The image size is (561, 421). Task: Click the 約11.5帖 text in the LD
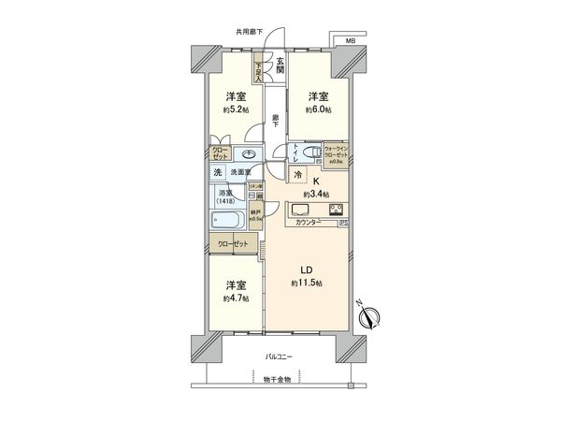[306, 283]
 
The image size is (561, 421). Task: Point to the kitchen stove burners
[337, 209]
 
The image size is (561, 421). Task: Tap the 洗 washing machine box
[217, 173]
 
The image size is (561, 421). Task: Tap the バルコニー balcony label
[280, 357]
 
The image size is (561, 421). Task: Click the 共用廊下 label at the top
[250, 33]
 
